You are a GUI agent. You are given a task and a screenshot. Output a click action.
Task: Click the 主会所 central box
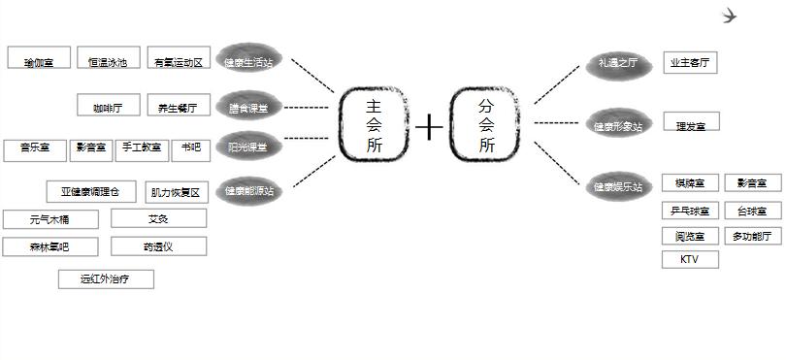coord(373,125)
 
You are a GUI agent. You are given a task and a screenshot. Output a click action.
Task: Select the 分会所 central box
coord(486,125)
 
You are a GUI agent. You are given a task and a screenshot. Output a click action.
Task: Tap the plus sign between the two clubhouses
coord(429,127)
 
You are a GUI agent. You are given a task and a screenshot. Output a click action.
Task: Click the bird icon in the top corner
coord(732,16)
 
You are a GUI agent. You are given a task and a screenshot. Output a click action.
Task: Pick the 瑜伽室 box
coord(39,61)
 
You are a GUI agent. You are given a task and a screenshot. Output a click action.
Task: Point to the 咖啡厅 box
coord(108,106)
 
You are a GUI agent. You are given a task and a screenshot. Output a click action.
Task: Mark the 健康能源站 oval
coord(249,190)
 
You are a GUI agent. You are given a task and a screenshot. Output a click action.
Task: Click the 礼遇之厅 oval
coord(618,63)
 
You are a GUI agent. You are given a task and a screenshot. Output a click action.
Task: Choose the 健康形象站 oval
coord(618,125)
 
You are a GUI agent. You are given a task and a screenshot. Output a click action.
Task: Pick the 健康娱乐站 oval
coord(618,186)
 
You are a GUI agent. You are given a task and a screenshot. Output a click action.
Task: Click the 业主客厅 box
coord(690,63)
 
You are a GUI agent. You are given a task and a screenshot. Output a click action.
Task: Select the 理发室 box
coord(691,123)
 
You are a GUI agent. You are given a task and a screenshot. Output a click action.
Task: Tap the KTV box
coord(690,259)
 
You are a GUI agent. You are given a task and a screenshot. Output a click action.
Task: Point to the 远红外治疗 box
coord(106,279)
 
